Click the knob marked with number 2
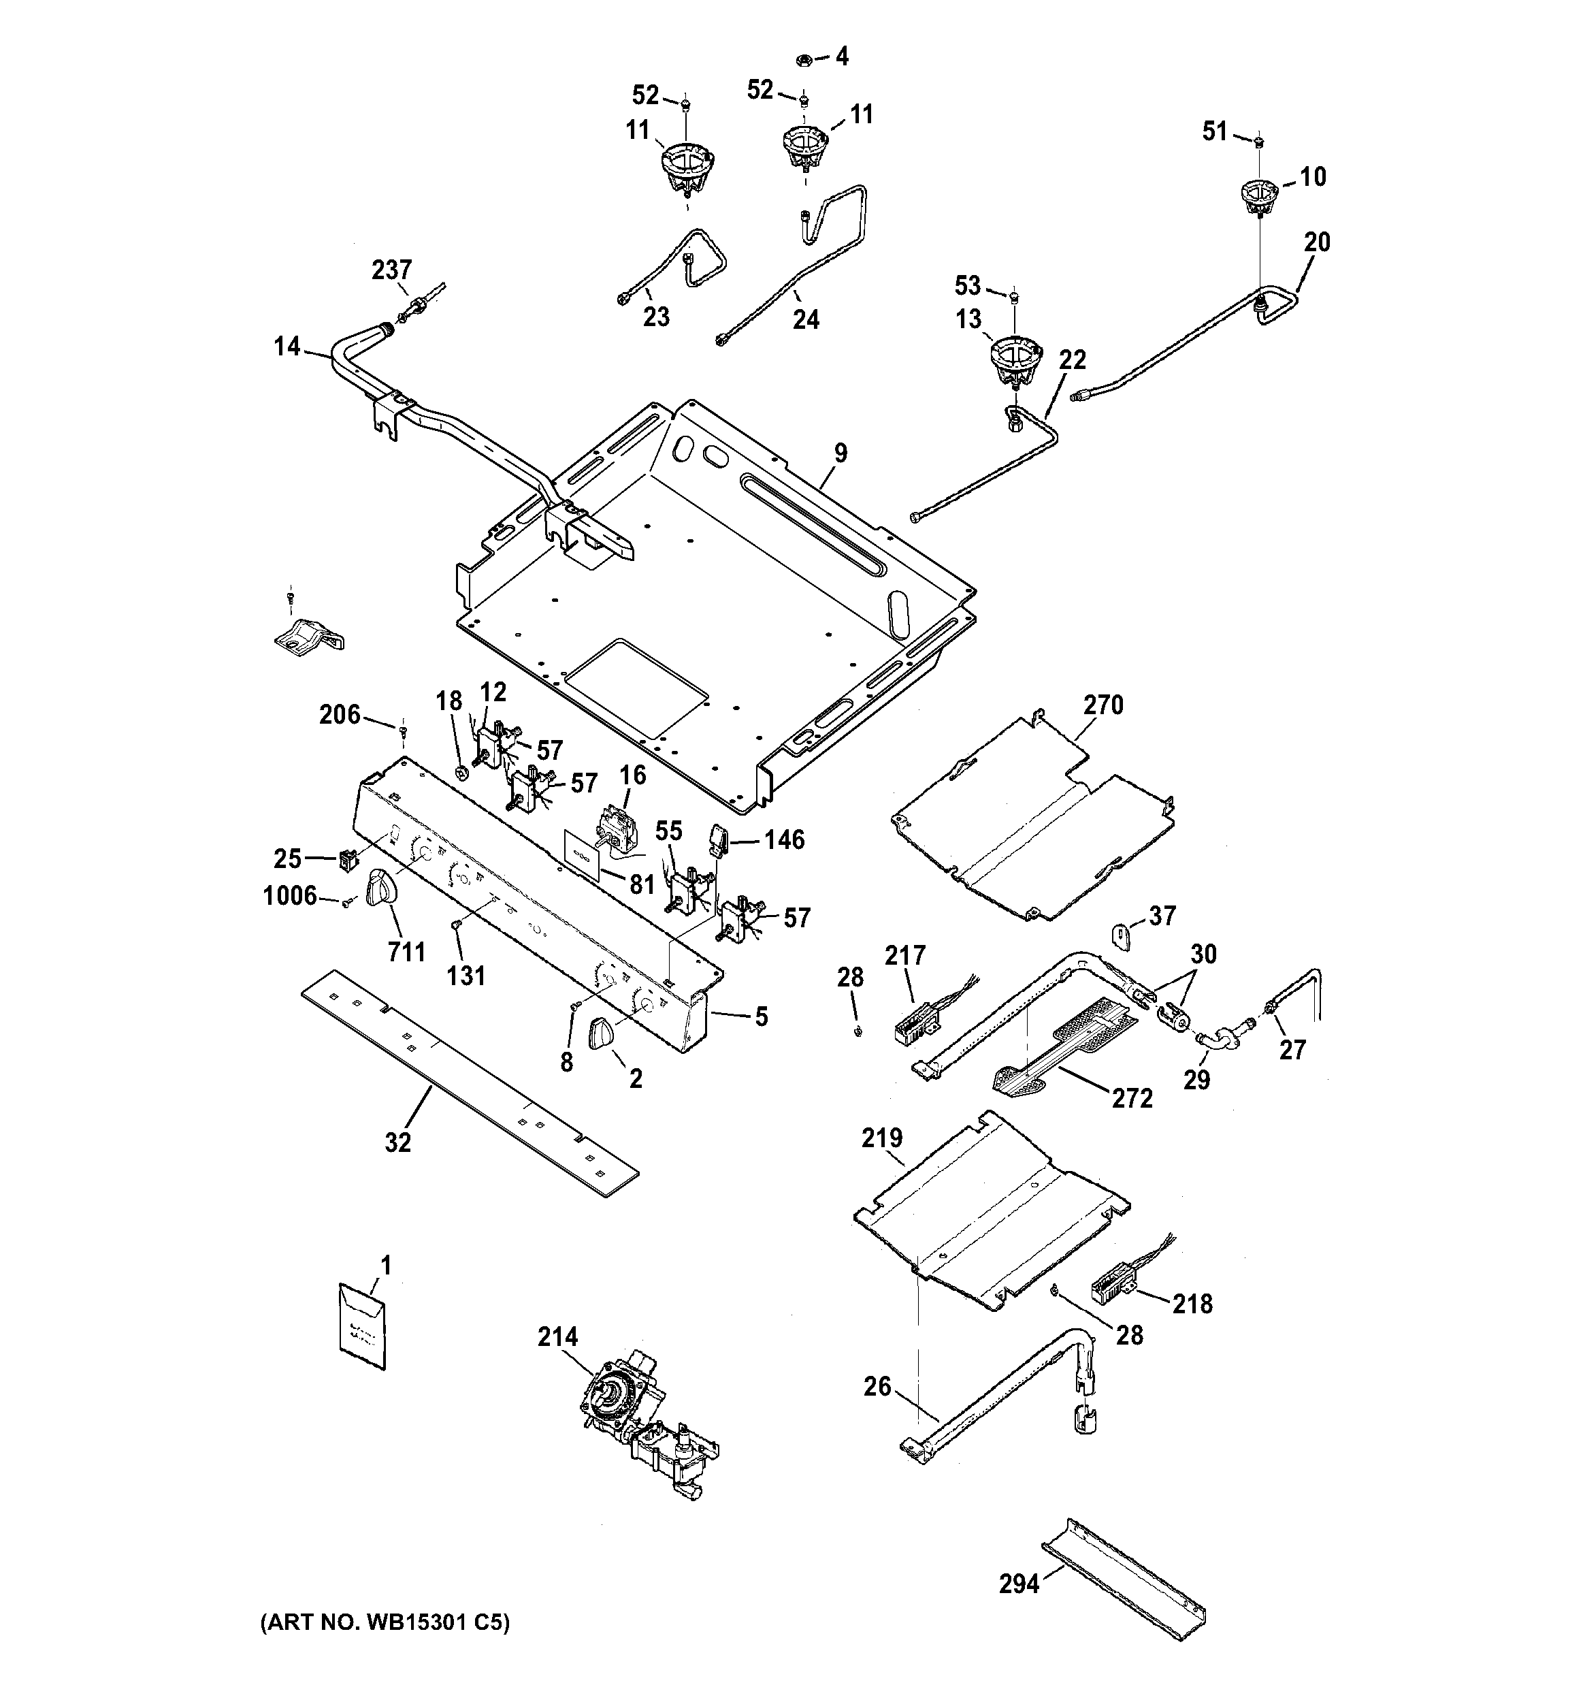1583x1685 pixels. coord(604,1034)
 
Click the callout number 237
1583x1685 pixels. coord(391,270)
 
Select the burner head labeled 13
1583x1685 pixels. coord(1013,359)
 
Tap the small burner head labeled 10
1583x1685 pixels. coord(1259,197)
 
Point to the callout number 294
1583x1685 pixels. coord(1019,1582)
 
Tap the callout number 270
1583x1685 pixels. coord(1103,705)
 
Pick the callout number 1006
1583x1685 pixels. coord(290,896)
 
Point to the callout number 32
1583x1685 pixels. coord(397,1142)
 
